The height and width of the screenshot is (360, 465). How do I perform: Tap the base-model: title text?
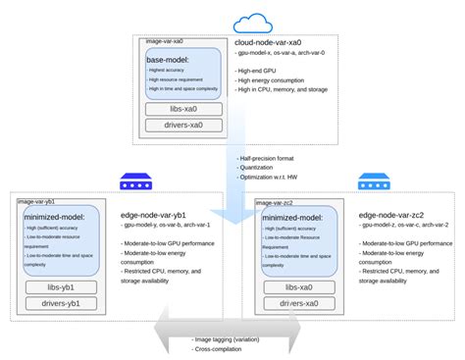coord(168,59)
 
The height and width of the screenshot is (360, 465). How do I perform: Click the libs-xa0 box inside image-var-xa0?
coord(183,109)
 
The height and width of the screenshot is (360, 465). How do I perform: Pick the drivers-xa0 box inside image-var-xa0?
coord(183,125)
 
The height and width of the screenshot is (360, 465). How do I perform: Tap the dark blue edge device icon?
coord(130,180)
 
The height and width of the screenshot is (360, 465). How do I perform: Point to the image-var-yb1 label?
coord(35,201)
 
